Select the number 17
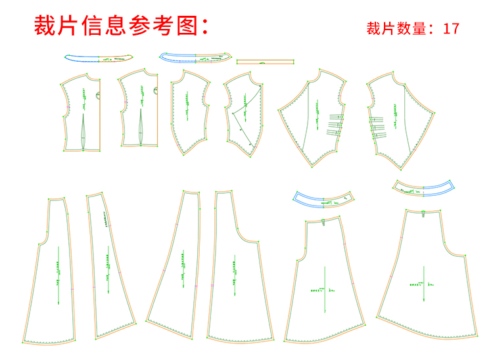(x=451, y=28)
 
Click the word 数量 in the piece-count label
(x=410, y=28)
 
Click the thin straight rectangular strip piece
(x=264, y=62)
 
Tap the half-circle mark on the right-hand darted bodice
(x=155, y=91)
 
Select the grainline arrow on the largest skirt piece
(x=424, y=284)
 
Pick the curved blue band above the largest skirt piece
(x=424, y=187)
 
